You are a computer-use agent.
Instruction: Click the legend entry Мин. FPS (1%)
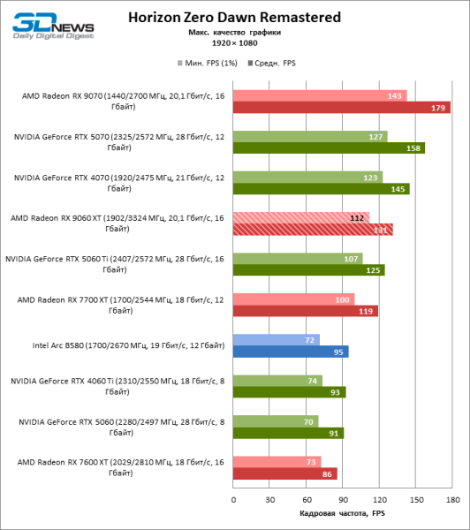click(206, 64)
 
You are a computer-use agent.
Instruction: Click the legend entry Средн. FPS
click(275, 64)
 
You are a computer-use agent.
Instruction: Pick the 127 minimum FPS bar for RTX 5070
click(310, 136)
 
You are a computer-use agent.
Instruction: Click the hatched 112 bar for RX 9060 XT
click(301, 217)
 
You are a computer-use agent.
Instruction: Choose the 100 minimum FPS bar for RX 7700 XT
click(294, 299)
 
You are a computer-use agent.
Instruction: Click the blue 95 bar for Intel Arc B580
click(291, 352)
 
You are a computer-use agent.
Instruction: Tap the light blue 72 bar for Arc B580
click(277, 339)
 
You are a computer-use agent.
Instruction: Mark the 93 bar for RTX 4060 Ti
click(290, 392)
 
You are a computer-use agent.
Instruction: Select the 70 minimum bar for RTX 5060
click(276, 421)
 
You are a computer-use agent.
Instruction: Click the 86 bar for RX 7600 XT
click(285, 473)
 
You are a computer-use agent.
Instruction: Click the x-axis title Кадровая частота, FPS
click(343, 514)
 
